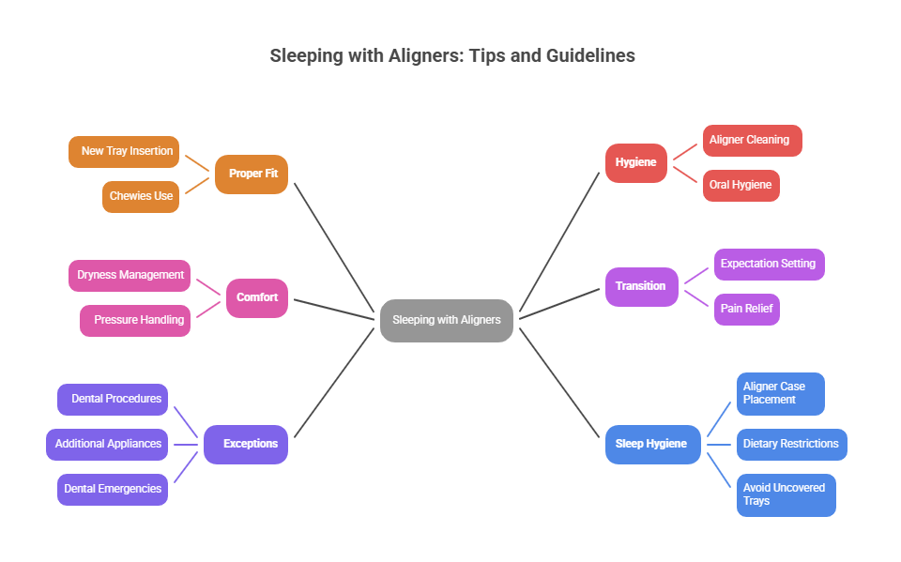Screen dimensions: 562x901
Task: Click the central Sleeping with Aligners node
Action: pos(447,320)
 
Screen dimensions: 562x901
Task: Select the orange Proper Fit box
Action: pos(252,174)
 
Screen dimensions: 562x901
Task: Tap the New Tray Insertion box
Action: pos(124,151)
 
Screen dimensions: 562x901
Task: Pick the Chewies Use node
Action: pos(141,196)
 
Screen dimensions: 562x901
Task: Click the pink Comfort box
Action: pos(257,297)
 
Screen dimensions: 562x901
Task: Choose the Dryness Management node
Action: pos(130,275)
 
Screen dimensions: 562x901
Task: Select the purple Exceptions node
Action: pos(246,444)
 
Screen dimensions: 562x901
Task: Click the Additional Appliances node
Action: pos(107,444)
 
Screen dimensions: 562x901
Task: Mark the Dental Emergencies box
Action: pos(113,489)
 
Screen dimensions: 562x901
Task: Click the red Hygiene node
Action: pos(636,162)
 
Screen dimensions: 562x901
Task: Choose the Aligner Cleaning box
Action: pos(753,140)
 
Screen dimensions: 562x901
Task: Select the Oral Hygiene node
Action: pos(741,185)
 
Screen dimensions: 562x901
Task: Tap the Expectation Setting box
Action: pos(770,264)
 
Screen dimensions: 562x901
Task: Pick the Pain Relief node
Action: pos(747,309)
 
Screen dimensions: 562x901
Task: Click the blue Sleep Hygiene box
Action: pos(653,444)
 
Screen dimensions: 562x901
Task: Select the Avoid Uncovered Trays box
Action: pos(786,494)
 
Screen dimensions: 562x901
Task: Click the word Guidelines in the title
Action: pos(589,55)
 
